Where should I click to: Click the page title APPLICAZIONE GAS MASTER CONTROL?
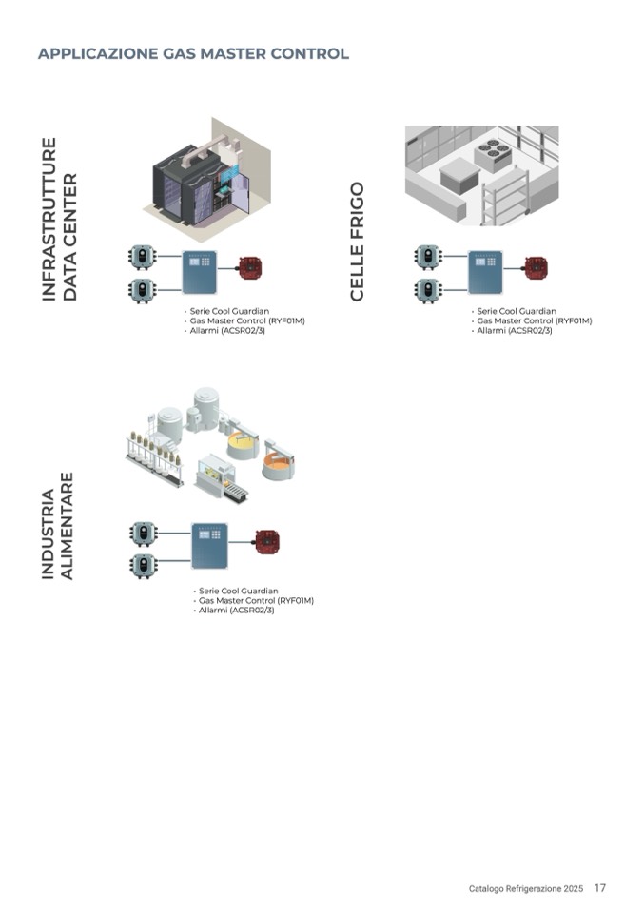click(x=193, y=53)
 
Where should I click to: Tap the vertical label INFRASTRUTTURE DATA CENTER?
click(x=59, y=221)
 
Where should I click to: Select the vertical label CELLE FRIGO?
click(x=358, y=243)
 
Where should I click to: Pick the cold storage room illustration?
click(x=481, y=174)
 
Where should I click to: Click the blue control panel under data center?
click(x=200, y=272)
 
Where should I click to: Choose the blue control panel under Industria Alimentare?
click(x=209, y=545)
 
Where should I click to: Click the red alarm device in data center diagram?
click(x=251, y=266)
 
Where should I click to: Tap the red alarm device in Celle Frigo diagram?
click(x=535, y=266)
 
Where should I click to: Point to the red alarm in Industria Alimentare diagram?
click(x=267, y=543)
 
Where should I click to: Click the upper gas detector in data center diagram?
click(x=142, y=257)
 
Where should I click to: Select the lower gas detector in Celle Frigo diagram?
click(x=428, y=290)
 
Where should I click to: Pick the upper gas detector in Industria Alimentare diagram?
click(x=144, y=533)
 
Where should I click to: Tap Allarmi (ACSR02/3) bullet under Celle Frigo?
click(x=515, y=330)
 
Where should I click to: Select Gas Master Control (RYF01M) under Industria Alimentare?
click(x=256, y=600)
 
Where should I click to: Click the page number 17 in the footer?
click(x=599, y=888)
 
